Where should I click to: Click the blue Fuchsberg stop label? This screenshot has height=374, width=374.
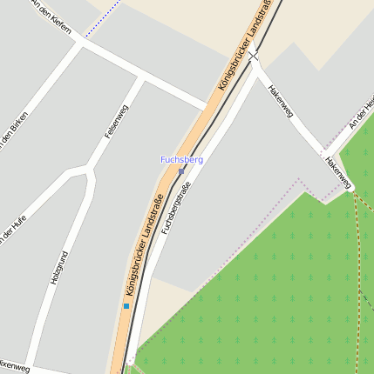point(181,160)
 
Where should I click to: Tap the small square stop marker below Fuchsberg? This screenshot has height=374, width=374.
point(181,171)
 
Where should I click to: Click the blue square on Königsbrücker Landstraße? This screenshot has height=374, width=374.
point(126,306)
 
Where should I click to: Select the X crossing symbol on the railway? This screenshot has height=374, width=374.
point(254,57)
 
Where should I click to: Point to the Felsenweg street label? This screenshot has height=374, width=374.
point(116,121)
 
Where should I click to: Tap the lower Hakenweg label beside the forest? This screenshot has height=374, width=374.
point(338,173)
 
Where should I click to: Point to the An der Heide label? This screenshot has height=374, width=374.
point(361,115)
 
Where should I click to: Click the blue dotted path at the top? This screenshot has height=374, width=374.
point(103,20)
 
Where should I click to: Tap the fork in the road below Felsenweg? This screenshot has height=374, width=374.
point(86,168)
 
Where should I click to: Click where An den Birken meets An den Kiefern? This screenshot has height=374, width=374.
point(80,43)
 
